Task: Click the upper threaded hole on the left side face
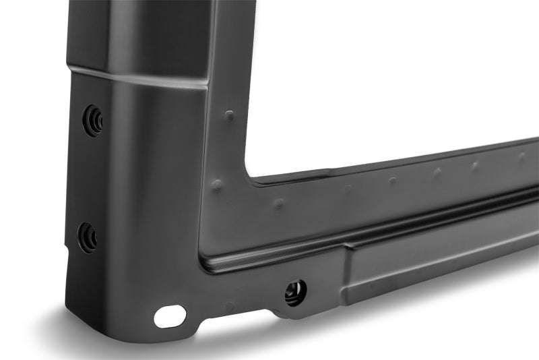tap(93, 121)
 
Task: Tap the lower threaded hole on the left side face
tap(88, 237)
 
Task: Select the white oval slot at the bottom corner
tap(170, 316)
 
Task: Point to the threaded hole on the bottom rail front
tap(295, 292)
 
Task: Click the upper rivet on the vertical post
tap(230, 115)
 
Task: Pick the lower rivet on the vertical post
tap(217, 184)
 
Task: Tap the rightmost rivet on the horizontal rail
tap(521, 156)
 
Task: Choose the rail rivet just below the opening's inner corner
tap(278, 202)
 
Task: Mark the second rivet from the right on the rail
tap(475, 164)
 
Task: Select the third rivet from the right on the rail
tap(437, 172)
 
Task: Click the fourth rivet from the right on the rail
tap(392, 181)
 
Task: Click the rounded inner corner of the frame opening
tap(253, 177)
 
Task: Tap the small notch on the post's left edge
tap(67, 249)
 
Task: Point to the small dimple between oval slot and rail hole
tap(229, 306)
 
